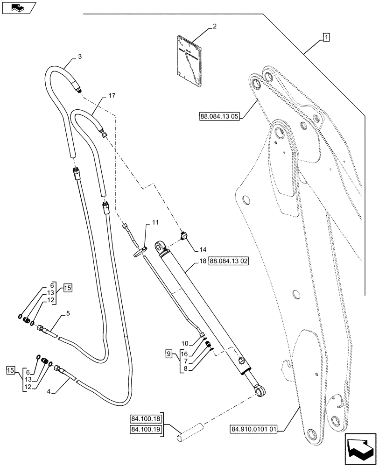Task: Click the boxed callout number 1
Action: click(325, 36)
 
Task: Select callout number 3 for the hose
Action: click(80, 57)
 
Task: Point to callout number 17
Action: click(111, 95)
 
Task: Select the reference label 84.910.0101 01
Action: click(254, 428)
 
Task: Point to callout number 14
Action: click(203, 249)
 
